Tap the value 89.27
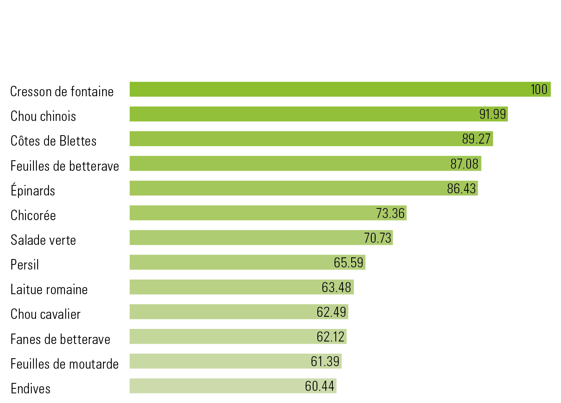(476, 139)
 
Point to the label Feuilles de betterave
(65, 166)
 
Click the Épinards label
(33, 191)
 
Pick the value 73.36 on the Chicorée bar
(390, 213)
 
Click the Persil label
(25, 265)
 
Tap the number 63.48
(336, 287)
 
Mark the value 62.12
(330, 337)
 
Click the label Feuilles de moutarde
(64, 364)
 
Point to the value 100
(539, 90)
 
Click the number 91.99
(492, 114)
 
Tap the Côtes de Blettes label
(54, 141)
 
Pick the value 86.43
(461, 189)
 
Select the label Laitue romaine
(49, 290)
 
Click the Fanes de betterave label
(60, 339)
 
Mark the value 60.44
(319, 386)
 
